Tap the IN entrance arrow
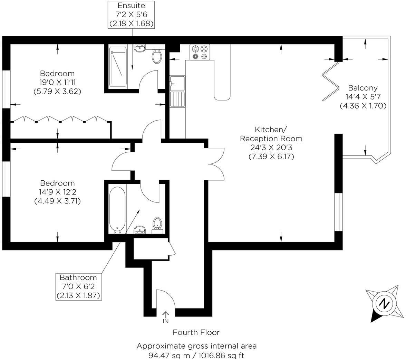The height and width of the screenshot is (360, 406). tap(165, 314)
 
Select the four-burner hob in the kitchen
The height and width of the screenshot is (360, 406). tap(200, 52)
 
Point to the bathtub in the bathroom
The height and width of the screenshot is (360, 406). tap(117, 210)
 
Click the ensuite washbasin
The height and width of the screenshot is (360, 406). tap(140, 48)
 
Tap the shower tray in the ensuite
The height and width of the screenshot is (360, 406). tap(118, 67)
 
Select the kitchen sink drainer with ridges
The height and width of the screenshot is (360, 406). tap(177, 99)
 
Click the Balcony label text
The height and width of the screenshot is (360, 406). tap(362, 88)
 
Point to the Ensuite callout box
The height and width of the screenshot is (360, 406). tap(131, 15)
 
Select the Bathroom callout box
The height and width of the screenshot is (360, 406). tap(78, 286)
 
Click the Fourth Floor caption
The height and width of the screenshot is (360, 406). tap(196, 332)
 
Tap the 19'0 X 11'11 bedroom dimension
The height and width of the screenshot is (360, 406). tap(57, 83)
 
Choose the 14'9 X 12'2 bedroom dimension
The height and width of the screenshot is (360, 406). tap(57, 192)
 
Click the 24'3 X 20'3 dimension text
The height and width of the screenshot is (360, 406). tap(271, 147)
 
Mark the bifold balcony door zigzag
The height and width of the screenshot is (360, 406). tap(331, 81)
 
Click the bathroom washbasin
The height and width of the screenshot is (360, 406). tap(140, 230)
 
